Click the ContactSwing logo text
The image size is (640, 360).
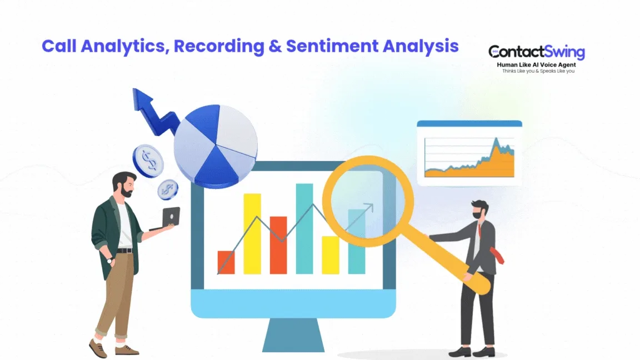point(537,53)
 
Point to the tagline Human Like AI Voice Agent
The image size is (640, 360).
point(536,65)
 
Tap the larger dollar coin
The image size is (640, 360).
point(148,161)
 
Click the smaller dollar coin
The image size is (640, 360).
point(167,189)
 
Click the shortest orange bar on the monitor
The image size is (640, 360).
point(226,262)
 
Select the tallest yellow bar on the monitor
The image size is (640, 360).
point(252,233)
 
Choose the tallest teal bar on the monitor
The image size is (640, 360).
point(304,228)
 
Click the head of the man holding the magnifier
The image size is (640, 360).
point(478,211)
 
